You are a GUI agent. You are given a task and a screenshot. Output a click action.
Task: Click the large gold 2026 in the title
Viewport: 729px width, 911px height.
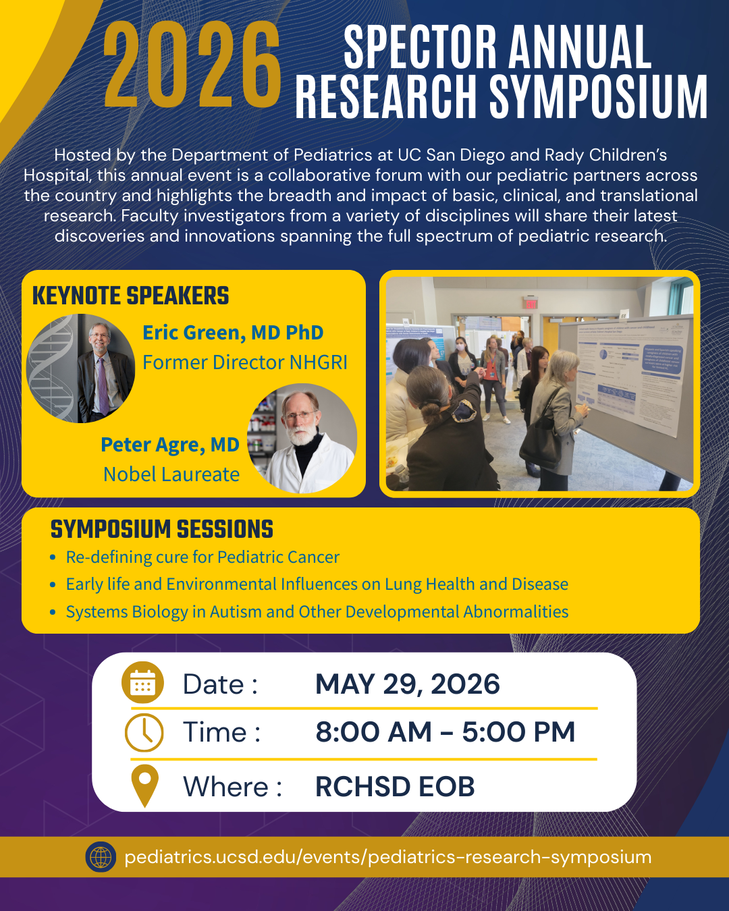pos(192,65)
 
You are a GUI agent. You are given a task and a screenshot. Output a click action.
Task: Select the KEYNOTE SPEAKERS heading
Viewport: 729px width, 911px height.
pos(130,296)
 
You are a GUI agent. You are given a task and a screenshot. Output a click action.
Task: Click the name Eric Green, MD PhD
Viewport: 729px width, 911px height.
pos(233,333)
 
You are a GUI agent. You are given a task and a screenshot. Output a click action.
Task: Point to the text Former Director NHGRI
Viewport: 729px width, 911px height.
pos(245,362)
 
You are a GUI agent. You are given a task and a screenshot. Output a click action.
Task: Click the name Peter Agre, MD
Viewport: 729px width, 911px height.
pos(170,445)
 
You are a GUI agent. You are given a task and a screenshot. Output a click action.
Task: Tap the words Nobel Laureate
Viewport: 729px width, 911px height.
pos(171,474)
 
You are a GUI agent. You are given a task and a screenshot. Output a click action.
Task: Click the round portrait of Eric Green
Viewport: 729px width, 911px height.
pos(81,368)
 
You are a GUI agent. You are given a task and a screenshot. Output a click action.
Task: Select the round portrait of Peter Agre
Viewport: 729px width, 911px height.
pos(302,438)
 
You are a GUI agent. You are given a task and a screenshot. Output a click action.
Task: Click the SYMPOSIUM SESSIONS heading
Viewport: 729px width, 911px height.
pos(162,530)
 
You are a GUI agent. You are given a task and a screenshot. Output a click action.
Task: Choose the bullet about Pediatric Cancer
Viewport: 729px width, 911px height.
pos(202,557)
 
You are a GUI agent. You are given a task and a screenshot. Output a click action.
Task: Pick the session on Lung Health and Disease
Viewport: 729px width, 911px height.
pos(317,584)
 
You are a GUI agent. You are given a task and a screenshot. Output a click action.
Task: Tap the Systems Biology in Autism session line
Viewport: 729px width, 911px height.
pos(317,612)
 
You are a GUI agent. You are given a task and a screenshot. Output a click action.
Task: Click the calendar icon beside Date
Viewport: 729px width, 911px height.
pos(142,683)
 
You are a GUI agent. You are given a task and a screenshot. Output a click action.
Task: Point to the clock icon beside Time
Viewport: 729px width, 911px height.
pos(144,732)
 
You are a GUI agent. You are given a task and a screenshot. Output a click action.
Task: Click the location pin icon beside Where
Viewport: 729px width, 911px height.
pos(144,785)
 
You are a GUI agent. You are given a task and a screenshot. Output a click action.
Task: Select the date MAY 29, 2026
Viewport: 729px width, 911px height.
pos(407,684)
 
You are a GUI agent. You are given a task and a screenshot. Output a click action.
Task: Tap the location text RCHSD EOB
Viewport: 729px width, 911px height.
pos(395,787)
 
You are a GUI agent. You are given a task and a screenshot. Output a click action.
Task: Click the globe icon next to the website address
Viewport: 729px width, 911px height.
pos(101,857)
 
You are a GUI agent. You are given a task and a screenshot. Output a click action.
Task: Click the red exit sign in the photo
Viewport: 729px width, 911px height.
pos(531,304)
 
